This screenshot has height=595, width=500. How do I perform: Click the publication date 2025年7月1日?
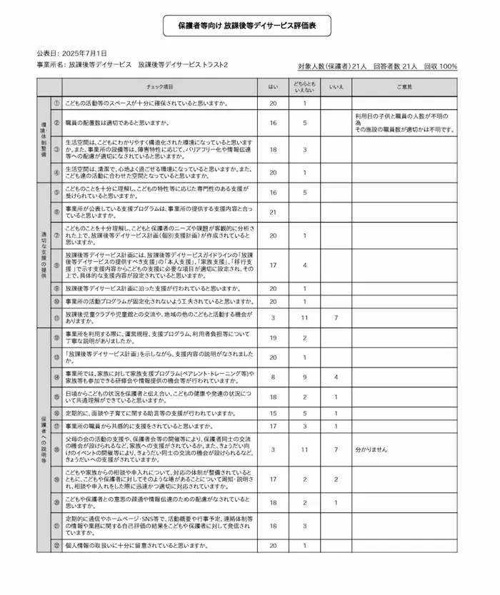[x=84, y=54]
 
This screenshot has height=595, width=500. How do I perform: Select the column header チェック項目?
[x=159, y=86]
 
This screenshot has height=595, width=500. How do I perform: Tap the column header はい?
[x=273, y=86]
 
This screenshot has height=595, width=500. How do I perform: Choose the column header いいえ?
[x=336, y=86]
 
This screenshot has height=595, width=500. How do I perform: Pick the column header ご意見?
[x=404, y=86]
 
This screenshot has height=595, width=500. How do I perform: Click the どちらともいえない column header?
[x=304, y=86]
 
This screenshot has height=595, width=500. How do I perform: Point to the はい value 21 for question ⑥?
[x=273, y=212]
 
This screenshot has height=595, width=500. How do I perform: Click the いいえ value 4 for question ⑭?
[x=336, y=376]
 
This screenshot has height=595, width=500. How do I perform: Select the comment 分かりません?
[x=371, y=451]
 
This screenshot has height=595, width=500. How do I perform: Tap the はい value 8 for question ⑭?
[x=273, y=376]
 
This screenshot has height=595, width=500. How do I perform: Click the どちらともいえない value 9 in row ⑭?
[x=304, y=376]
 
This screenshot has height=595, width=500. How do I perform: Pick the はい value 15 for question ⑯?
[x=273, y=413]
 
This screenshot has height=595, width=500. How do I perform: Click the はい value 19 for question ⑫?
[x=273, y=338]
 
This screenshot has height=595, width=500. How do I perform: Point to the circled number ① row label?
[x=56, y=103]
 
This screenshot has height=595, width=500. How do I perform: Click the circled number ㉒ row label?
[x=56, y=546]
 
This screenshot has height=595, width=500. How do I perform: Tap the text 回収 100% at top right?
[x=440, y=66]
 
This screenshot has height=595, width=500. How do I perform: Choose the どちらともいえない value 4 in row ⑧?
[x=304, y=265]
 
